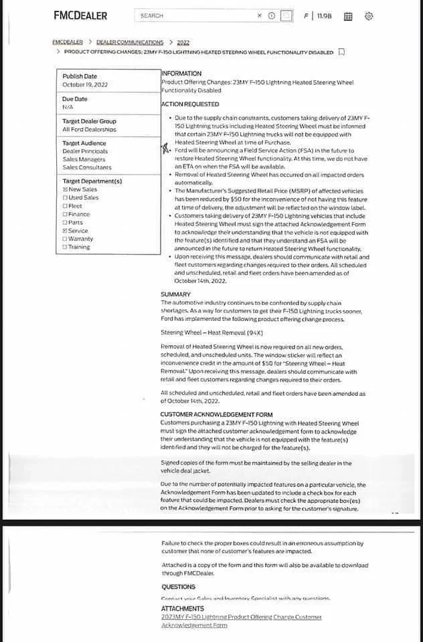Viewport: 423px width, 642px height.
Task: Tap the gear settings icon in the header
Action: pyautogui.click(x=369, y=16)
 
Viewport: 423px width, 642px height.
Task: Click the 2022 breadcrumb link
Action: pyautogui.click(x=183, y=42)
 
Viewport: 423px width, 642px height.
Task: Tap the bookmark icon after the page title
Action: pyautogui.click(x=341, y=51)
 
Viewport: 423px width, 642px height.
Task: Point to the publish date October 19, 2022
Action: pyautogui.click(x=84, y=85)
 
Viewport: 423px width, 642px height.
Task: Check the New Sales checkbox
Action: pyautogui.click(x=65, y=190)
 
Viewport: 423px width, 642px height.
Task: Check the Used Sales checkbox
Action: pyautogui.click(x=65, y=198)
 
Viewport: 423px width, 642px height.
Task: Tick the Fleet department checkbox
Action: pyautogui.click(x=65, y=206)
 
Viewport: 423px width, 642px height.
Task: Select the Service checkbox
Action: pyautogui.click(x=65, y=231)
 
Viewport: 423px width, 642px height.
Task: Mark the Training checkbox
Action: pyautogui.click(x=65, y=247)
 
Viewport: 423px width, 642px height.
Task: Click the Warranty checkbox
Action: pyautogui.click(x=65, y=239)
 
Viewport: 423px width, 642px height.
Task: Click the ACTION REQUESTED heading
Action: pyautogui.click(x=189, y=104)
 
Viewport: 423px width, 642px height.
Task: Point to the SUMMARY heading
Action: pyautogui.click(x=175, y=294)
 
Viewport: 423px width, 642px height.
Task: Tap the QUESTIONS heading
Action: pyautogui.click(x=178, y=586)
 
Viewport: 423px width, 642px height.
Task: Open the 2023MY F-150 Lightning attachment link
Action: pyautogui.click(x=241, y=617)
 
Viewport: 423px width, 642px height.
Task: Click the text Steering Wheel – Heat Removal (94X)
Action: pyautogui.click(x=211, y=332)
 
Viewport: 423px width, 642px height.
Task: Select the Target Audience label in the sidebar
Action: pyautogui.click(x=84, y=143)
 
